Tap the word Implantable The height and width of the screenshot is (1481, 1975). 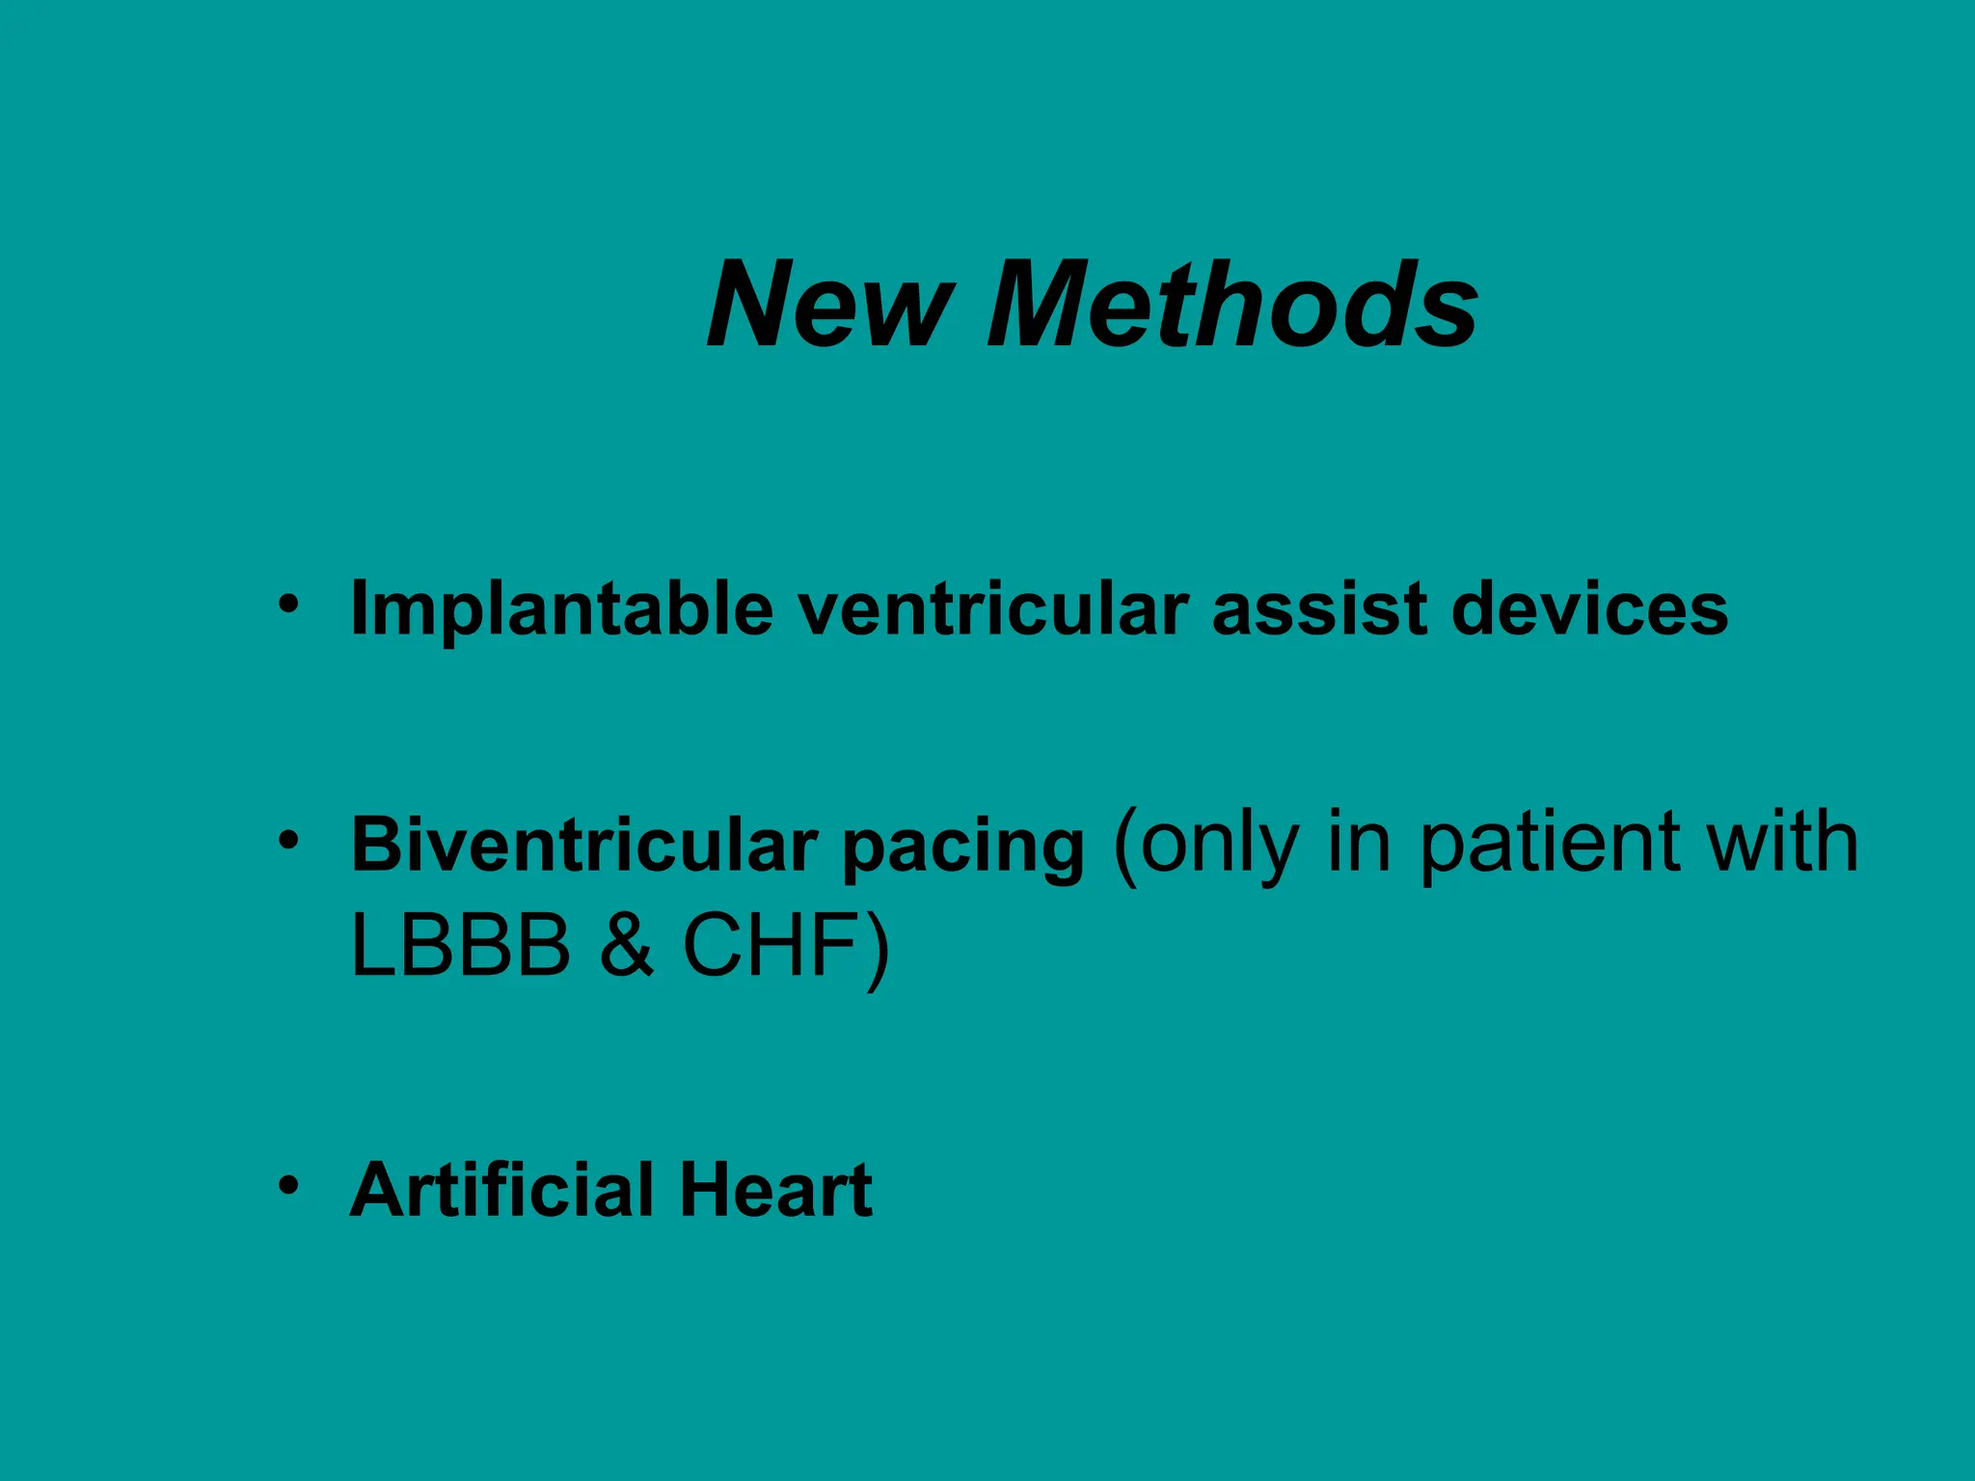(562, 610)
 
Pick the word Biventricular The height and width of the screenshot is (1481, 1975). (584, 844)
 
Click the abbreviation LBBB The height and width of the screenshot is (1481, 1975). (461, 944)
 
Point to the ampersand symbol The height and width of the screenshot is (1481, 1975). (628, 944)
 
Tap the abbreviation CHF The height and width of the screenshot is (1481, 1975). (771, 944)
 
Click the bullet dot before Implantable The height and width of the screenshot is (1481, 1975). (287, 605)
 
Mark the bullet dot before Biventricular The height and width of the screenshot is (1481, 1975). (287, 840)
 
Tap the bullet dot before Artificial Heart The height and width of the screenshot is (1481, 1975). (287, 1185)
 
